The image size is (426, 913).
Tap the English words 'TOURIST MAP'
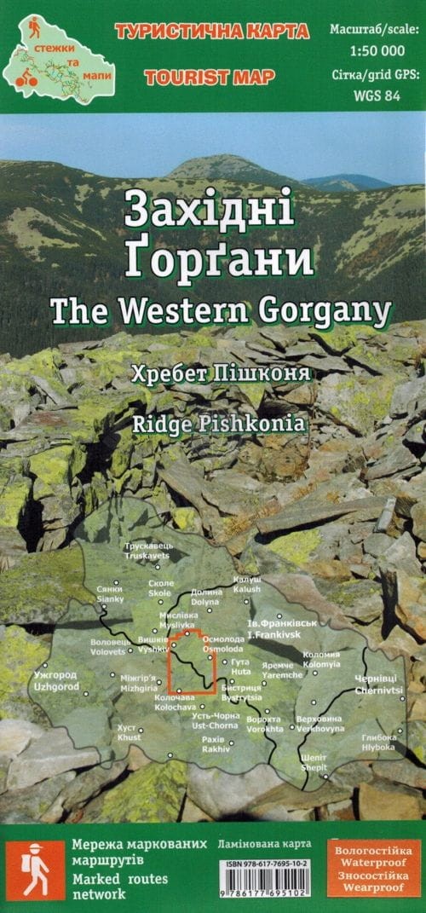210,78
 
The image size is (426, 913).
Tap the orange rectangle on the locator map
192,662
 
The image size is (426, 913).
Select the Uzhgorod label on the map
56,680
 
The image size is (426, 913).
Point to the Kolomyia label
321,659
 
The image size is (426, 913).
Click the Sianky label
110,594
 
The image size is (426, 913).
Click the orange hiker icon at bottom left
35,869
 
